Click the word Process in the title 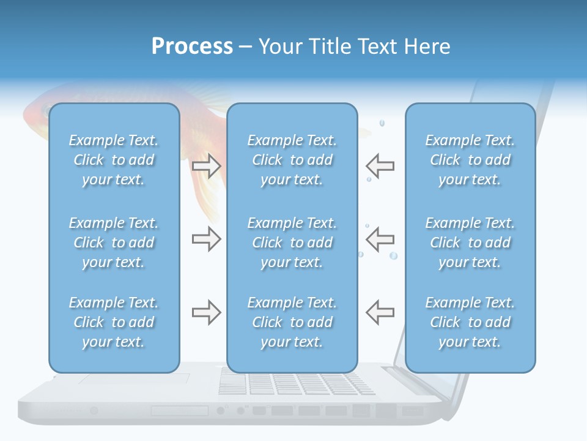[x=192, y=46]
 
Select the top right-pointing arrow [x=206, y=165]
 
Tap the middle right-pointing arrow [x=206, y=239]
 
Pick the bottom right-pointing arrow [x=206, y=312]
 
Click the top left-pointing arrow [x=380, y=165]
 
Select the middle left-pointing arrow [x=380, y=239]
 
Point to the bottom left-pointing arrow [x=380, y=312]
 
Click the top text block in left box [x=114, y=160]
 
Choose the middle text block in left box [x=114, y=243]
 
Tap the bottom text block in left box [x=114, y=322]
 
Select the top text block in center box [x=292, y=160]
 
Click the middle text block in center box [x=292, y=243]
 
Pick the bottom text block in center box [x=292, y=322]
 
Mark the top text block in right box [x=470, y=160]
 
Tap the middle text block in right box [x=470, y=243]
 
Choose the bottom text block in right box [x=470, y=322]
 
